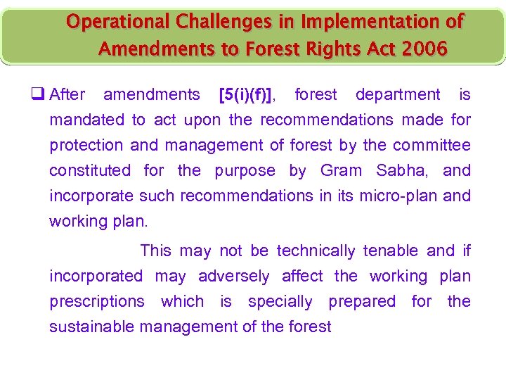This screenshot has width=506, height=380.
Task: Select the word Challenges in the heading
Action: coord(217,23)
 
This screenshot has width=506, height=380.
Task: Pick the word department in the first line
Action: coord(398,94)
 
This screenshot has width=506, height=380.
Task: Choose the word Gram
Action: coord(342,170)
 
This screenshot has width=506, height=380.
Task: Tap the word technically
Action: coord(316,251)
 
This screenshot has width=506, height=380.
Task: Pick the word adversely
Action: coord(233,276)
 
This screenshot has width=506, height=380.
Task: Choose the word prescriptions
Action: coord(96,301)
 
